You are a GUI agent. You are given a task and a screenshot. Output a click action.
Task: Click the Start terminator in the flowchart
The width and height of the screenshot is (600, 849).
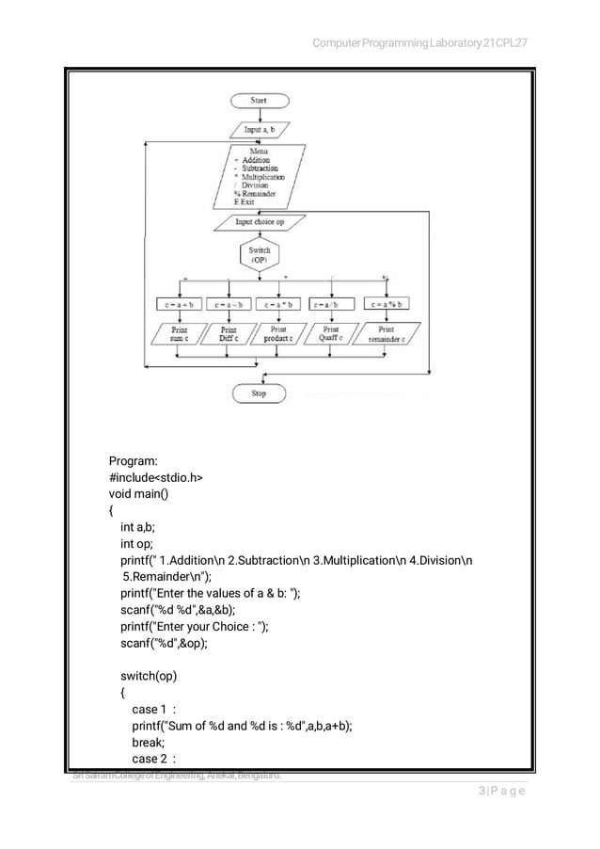point(259,101)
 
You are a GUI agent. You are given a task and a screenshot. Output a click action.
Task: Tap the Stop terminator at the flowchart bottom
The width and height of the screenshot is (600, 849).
point(259,393)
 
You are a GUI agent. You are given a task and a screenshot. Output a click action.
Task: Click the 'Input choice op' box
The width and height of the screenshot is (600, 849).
point(260,222)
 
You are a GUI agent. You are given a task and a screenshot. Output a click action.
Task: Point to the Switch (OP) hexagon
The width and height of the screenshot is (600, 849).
point(259,255)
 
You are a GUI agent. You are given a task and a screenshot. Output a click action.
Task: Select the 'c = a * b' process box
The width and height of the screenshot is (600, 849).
point(279,304)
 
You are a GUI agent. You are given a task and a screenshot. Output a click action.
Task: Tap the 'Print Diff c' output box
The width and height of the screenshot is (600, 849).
point(228,334)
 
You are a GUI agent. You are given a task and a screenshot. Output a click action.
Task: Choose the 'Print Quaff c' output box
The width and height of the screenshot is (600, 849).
point(331,334)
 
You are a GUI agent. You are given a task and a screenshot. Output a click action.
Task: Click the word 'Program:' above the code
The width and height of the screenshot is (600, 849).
point(134,461)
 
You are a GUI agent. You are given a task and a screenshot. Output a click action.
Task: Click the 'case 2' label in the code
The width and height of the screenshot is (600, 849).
point(151,759)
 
